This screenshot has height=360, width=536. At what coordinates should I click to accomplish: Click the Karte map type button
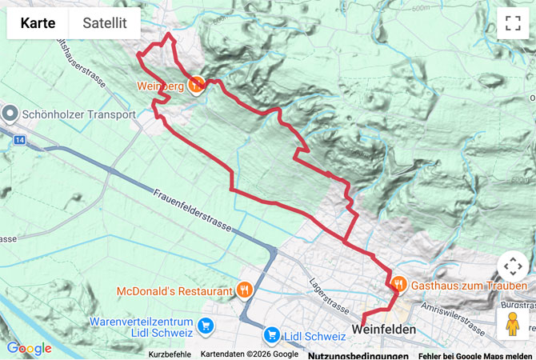[38, 23]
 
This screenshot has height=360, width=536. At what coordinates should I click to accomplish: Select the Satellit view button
[105, 23]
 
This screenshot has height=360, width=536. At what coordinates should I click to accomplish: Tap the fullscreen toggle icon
[513, 23]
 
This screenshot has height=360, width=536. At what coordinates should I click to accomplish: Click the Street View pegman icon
[513, 323]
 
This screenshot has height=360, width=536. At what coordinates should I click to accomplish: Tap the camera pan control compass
[513, 266]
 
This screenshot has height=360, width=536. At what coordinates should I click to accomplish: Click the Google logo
[29, 349]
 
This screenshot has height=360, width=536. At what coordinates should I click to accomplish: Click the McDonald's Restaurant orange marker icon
[244, 290]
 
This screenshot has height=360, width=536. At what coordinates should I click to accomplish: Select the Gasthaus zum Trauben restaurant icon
[398, 284]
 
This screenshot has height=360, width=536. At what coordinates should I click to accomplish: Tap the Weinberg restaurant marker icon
[196, 84]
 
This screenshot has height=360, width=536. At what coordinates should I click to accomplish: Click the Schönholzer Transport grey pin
[10, 114]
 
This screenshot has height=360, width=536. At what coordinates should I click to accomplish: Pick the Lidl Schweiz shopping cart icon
[271, 334]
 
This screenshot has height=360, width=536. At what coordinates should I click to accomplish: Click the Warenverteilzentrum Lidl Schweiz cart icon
[206, 326]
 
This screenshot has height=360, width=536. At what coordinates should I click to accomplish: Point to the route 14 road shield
[19, 140]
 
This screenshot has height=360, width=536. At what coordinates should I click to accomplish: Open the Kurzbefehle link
[170, 354]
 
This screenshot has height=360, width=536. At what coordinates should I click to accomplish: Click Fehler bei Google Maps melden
[474, 354]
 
